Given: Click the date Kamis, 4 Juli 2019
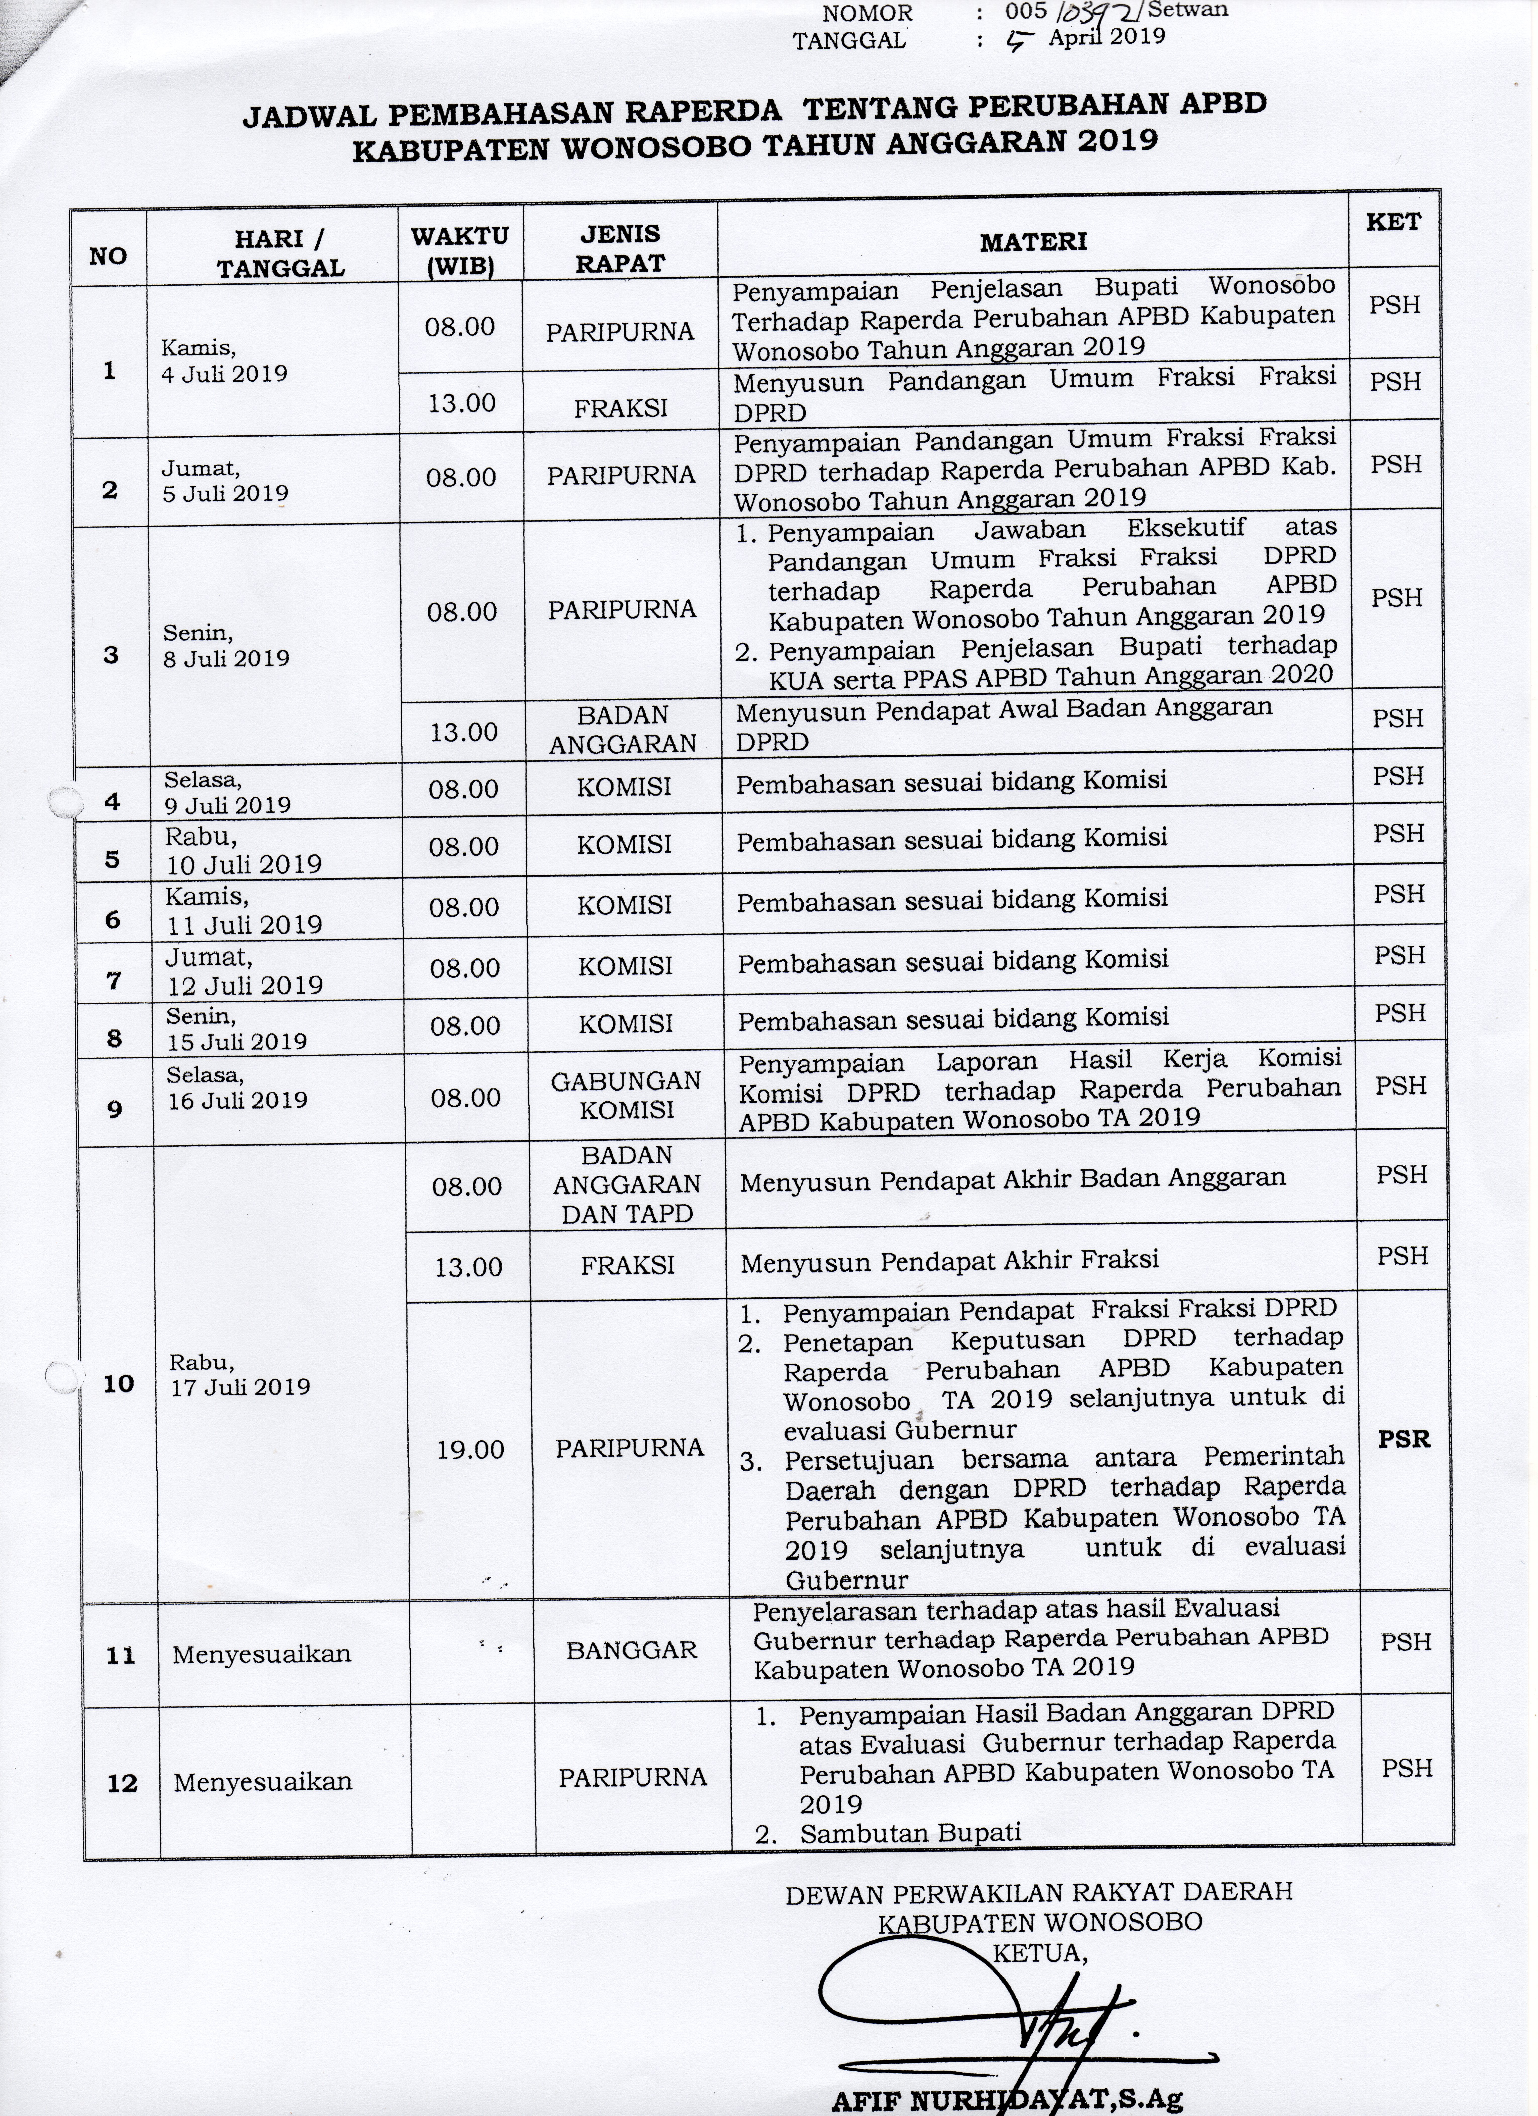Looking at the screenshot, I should pyautogui.click(x=224, y=361).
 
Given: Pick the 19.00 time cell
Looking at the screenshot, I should pyautogui.click(x=470, y=1449).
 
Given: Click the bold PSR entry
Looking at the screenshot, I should pyautogui.click(x=1404, y=1439).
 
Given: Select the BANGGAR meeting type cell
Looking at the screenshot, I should pyautogui.click(x=631, y=1649).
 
